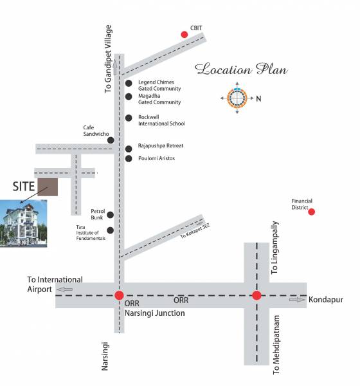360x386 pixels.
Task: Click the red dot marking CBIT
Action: point(184,34)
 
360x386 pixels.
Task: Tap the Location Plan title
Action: point(241,69)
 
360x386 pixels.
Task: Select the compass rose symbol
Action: point(237,98)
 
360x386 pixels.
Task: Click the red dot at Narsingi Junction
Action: point(119,296)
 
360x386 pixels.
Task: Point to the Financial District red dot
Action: point(312,212)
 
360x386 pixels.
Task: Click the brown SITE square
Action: point(48,187)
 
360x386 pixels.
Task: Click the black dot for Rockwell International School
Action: point(129,118)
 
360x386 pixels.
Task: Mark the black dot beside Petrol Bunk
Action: point(111,215)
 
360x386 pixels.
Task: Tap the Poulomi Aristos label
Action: point(156,158)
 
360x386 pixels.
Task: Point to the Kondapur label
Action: point(326,300)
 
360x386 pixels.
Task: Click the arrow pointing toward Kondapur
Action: point(296,300)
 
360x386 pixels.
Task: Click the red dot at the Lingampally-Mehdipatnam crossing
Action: point(256,296)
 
